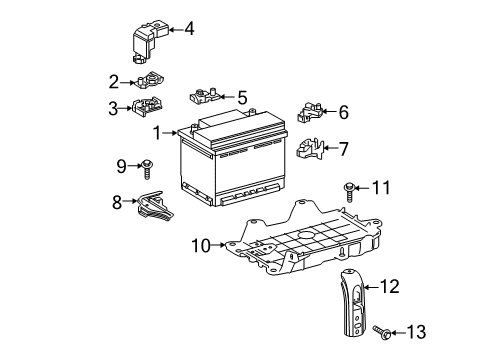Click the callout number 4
pyautogui.click(x=189, y=28)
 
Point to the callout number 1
pyautogui.click(x=157, y=133)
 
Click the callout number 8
pyautogui.click(x=117, y=203)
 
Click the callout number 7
pyautogui.click(x=343, y=150)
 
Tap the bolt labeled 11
pyautogui.click(x=349, y=187)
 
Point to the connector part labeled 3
pyautogui.click(x=147, y=108)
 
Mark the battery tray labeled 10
pyautogui.click(x=300, y=245)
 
